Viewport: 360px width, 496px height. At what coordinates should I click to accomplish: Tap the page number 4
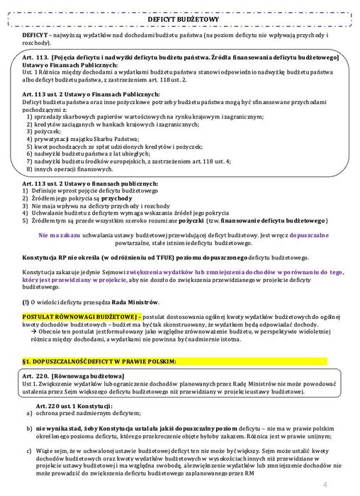click(x=324, y=485)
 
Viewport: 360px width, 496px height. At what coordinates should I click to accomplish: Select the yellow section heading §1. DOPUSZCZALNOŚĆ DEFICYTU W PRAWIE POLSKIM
click(x=99, y=361)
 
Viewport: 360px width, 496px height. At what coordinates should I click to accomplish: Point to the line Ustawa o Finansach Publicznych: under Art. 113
click(x=69, y=64)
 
